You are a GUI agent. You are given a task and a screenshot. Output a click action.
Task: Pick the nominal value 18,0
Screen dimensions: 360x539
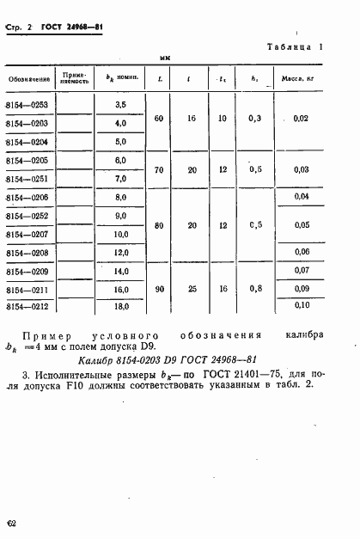point(120,305)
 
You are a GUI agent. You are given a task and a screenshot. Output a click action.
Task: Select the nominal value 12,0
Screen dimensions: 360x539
point(120,252)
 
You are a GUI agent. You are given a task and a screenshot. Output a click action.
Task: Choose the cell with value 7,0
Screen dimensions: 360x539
point(120,178)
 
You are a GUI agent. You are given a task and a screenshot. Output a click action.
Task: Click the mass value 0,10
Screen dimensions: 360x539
point(301,305)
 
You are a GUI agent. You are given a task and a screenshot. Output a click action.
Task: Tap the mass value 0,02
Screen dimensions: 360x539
point(301,119)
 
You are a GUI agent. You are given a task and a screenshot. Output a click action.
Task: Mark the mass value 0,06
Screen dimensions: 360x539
point(301,252)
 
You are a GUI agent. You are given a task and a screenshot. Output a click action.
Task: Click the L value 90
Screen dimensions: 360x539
point(160,289)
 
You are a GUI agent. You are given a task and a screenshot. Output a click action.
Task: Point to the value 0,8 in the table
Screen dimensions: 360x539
point(255,289)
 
